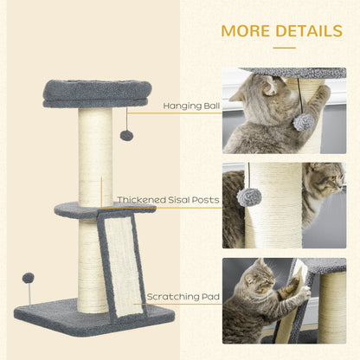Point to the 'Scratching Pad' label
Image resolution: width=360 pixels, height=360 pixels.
(183, 297)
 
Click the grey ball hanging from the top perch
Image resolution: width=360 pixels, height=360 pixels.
(126, 135)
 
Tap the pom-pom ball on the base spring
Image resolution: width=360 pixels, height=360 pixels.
(29, 278)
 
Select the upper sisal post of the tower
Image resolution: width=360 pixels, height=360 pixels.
(95, 156)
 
